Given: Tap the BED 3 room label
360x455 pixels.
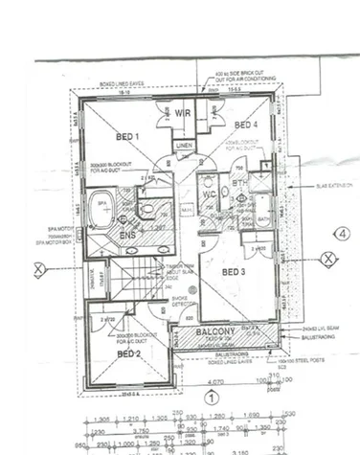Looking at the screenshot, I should [x=234, y=272].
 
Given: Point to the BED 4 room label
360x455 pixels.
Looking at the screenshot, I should [x=245, y=125].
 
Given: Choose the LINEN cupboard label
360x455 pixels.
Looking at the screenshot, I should [x=184, y=145].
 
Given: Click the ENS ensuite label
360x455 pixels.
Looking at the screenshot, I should [x=124, y=234].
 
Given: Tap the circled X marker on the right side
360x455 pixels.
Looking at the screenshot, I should [x=327, y=258].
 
